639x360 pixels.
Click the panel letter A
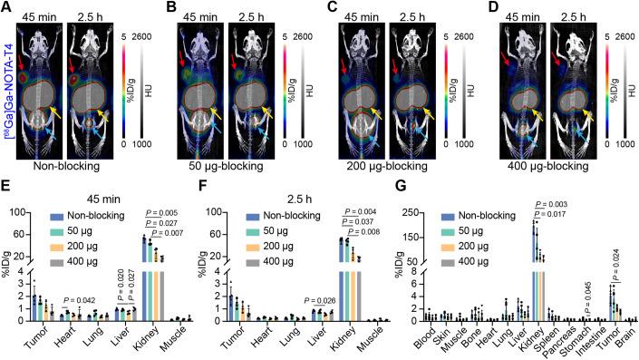click(7, 7)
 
